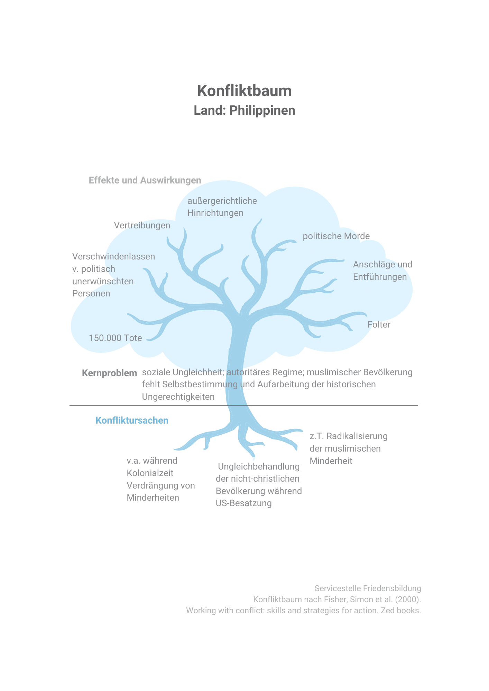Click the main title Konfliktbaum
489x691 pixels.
point(244,91)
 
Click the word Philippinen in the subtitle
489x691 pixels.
point(262,111)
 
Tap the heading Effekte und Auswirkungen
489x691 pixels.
point(145,180)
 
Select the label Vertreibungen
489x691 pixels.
point(142,225)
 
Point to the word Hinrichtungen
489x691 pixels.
point(215,213)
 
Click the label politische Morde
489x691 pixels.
point(336,236)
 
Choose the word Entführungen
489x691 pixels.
point(380,277)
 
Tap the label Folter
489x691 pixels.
point(379,324)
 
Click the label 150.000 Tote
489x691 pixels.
point(116,338)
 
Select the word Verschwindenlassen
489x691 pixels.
point(114,256)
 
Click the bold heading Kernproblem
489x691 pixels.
point(109,373)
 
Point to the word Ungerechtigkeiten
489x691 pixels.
point(178,397)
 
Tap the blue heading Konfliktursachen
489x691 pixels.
point(132,420)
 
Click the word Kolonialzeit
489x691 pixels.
point(150,473)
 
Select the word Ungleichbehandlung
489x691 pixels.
point(259,467)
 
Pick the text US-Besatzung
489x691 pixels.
point(244,503)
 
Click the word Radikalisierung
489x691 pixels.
point(357,436)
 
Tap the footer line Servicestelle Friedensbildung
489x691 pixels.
point(368,588)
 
